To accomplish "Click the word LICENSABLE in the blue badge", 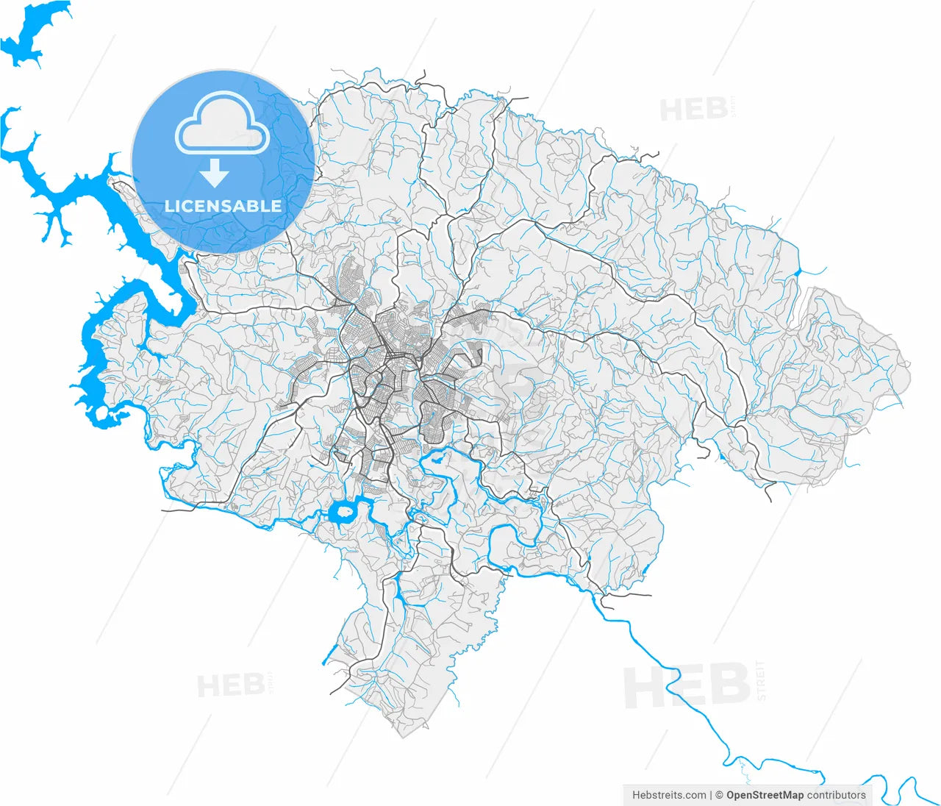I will point(223,206).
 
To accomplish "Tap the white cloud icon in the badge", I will point(223,126).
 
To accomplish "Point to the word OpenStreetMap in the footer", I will point(765,795).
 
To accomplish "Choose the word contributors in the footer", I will point(837,795).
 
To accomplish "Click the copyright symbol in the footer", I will point(720,795).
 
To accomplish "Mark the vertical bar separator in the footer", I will point(711,795).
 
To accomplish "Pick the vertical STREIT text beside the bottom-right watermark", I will point(761,681).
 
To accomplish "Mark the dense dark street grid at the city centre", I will point(390,368).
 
